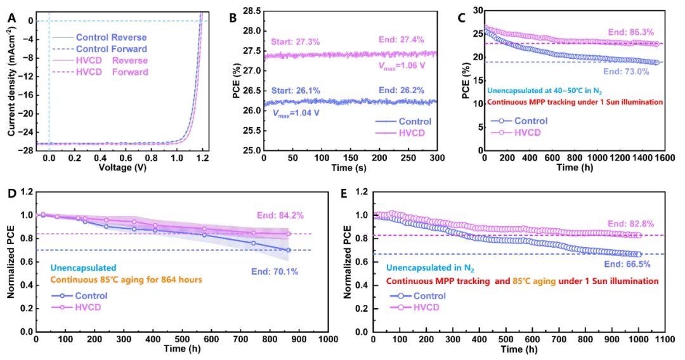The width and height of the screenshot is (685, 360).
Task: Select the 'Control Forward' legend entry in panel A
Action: click(111, 49)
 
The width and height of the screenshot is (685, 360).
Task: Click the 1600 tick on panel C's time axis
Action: click(673, 158)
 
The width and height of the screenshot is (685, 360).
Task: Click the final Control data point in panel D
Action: click(289, 250)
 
